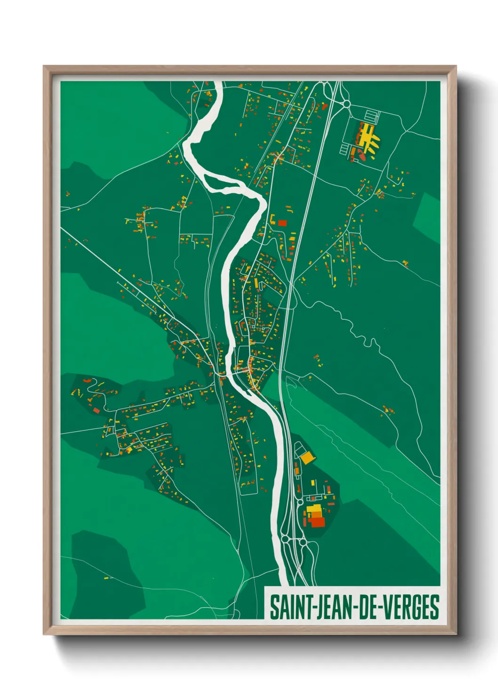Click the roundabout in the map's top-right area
coord(347,103)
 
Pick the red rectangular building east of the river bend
coord(282,223)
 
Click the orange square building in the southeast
coord(307,457)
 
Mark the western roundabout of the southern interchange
coord(285,538)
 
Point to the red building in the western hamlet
coord(96,410)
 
